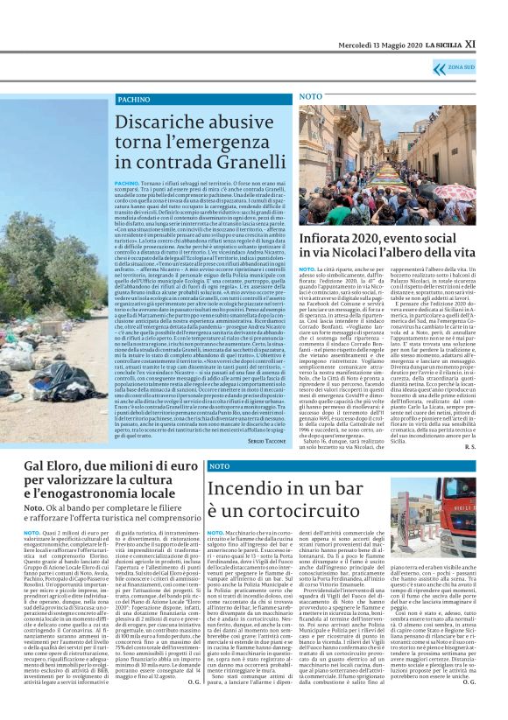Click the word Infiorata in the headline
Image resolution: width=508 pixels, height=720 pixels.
click(x=329, y=236)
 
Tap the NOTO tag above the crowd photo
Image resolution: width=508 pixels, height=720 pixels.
click(x=311, y=95)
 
